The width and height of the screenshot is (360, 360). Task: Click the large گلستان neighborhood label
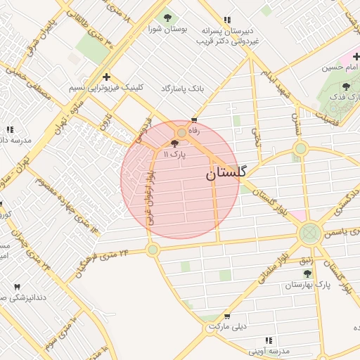(226, 173)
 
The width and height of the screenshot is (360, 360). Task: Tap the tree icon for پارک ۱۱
(174, 143)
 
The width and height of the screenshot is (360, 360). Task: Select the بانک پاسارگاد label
(182, 89)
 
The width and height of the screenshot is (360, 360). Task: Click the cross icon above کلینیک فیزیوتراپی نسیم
(106, 77)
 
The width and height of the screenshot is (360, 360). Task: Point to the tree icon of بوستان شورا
(167, 18)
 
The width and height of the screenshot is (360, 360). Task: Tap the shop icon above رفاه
(194, 120)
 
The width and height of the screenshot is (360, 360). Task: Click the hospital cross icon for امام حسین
(356, 56)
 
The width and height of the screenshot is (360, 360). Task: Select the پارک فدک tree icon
(346, 86)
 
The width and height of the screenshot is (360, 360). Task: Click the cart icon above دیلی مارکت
(226, 316)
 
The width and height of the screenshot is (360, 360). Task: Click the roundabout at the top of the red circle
(181, 132)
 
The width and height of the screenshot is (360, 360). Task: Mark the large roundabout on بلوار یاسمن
(309, 234)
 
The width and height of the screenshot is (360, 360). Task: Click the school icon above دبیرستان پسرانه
(226, 20)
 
